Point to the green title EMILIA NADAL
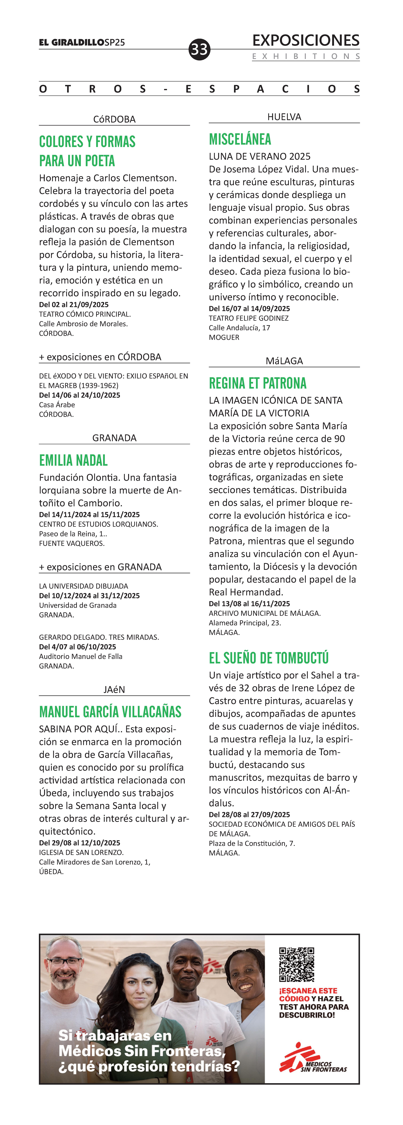point(73,460)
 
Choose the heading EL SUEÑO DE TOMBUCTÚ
point(268,658)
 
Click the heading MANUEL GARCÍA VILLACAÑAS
point(110,712)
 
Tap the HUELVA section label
point(284,117)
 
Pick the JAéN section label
point(114,690)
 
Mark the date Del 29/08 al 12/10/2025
point(80,843)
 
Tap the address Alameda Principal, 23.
point(245,623)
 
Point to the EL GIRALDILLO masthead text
point(72,42)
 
